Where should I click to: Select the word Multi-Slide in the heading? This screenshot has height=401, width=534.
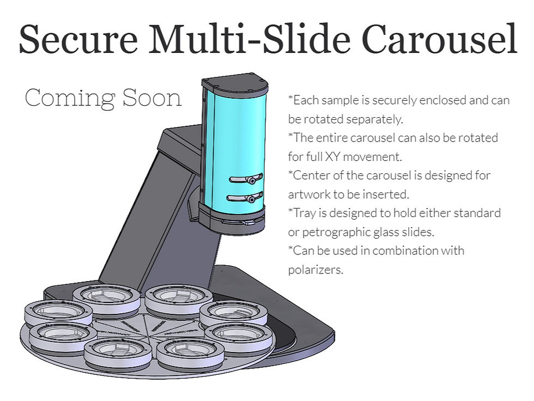[x=250, y=38]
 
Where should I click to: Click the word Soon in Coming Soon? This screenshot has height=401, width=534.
[x=152, y=98]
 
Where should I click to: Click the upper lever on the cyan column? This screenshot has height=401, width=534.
[x=246, y=178]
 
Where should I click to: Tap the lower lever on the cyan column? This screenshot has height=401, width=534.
[x=245, y=197]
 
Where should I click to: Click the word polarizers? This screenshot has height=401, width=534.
[x=315, y=270]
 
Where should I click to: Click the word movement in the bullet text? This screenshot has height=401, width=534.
[x=372, y=157]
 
